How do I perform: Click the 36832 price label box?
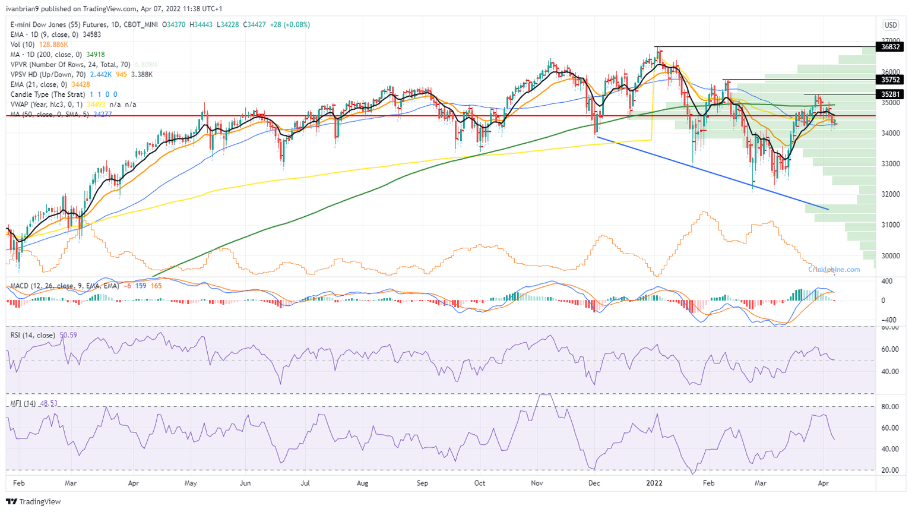point(890,47)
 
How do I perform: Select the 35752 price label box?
point(890,80)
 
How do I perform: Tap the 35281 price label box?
point(890,94)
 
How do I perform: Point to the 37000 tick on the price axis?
point(890,40)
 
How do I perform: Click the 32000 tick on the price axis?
point(890,194)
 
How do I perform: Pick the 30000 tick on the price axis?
point(890,256)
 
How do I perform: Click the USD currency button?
point(891,25)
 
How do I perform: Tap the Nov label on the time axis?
point(537,483)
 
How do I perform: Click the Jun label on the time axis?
point(245,483)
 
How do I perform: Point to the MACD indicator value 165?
point(156,286)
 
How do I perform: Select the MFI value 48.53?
point(49,403)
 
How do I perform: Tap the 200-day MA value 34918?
point(96,55)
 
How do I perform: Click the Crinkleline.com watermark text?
point(834,270)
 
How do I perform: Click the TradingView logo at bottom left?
point(34,501)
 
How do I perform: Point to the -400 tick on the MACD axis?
point(888,320)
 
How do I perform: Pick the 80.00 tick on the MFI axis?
point(889,407)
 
